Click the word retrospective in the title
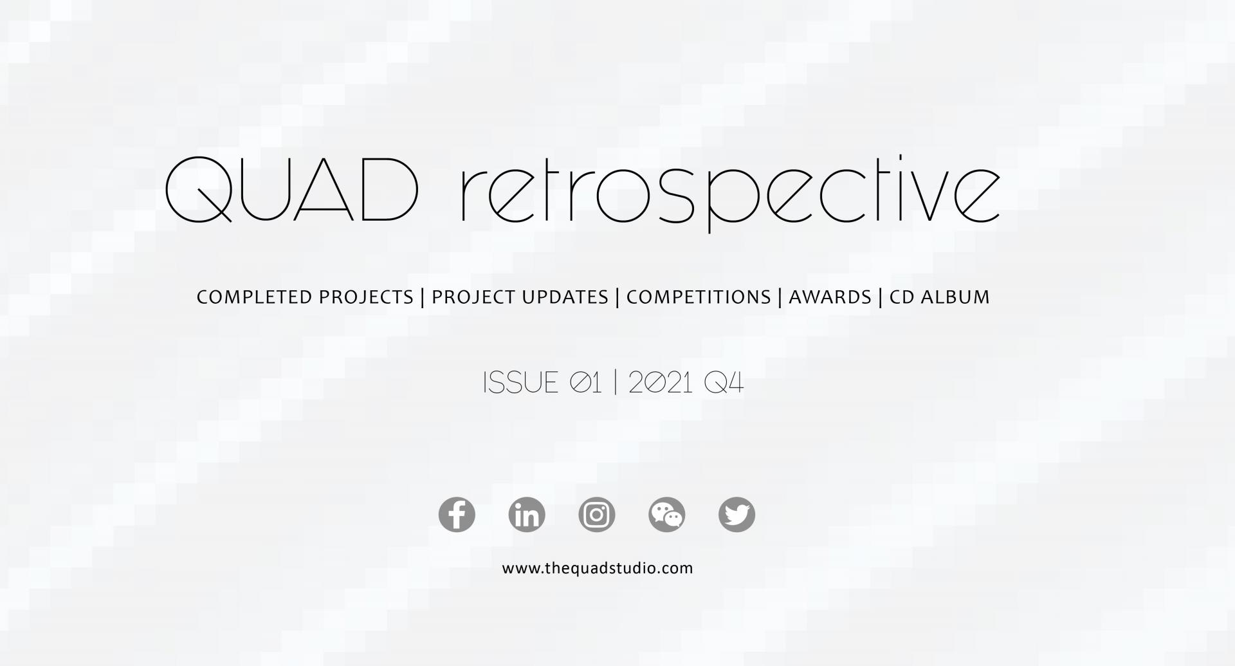point(731,194)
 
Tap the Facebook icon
point(457,515)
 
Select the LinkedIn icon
point(527,515)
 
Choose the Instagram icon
point(597,515)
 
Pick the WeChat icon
point(667,515)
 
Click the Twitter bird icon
point(736,515)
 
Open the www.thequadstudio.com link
point(598,568)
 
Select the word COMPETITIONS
point(699,297)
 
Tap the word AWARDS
point(830,297)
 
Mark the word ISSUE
point(520,383)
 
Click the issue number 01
point(586,383)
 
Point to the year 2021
point(661,383)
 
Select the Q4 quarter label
point(724,383)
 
